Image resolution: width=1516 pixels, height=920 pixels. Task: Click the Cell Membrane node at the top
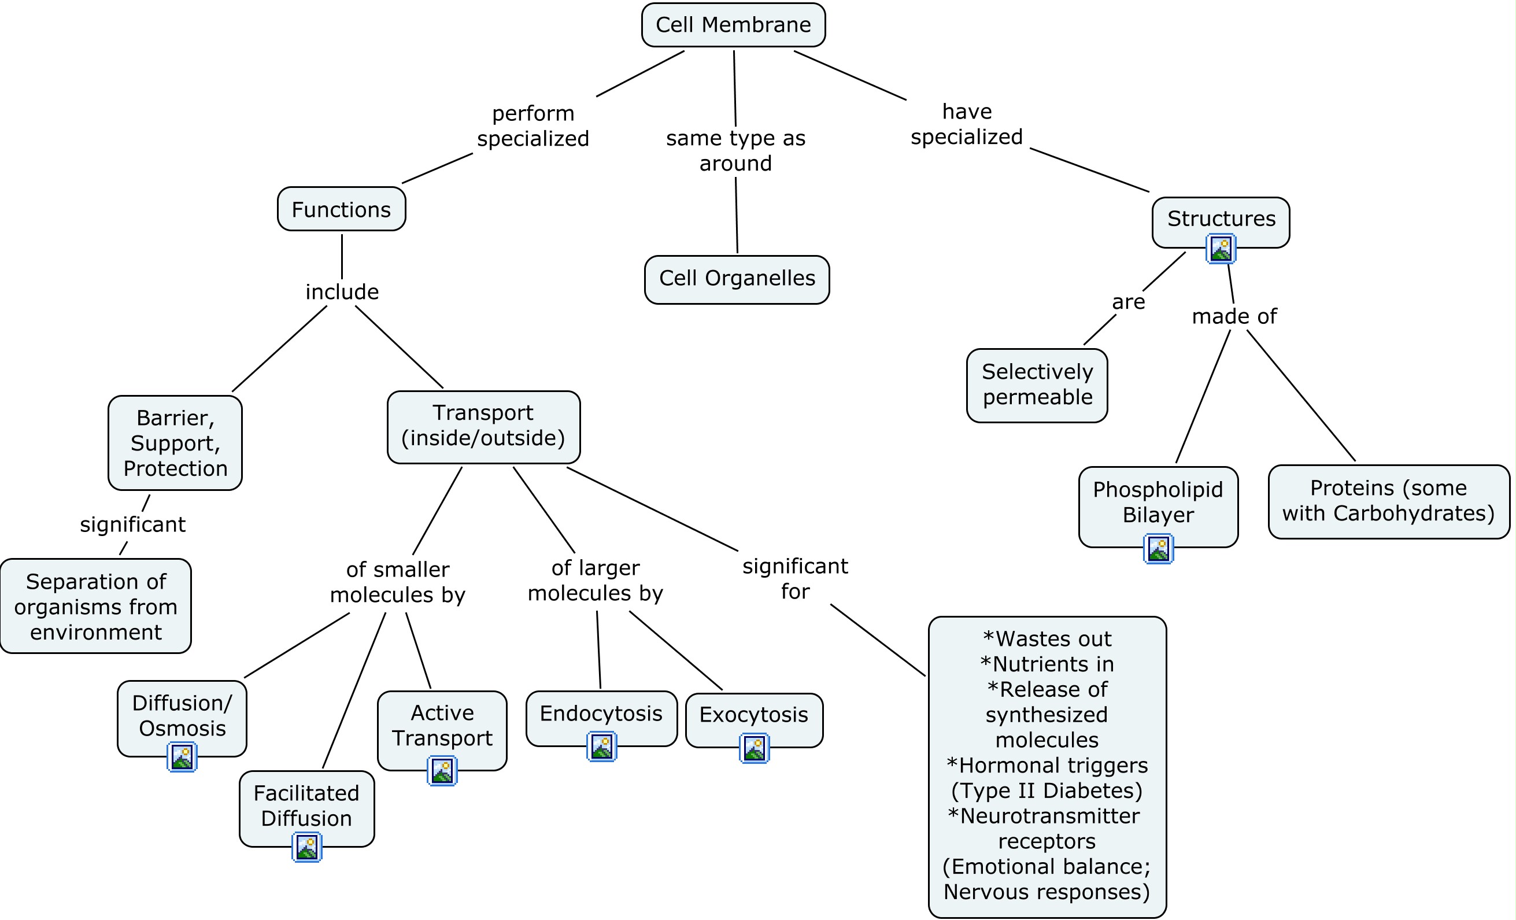coord(733,25)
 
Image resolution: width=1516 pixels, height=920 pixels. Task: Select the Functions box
coord(341,209)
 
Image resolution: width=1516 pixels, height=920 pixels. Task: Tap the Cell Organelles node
coord(737,279)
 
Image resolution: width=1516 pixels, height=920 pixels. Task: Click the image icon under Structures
coord(1221,249)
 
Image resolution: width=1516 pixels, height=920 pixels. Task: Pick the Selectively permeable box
coord(1037,385)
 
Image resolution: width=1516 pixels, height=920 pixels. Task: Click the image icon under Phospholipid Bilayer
coord(1158,548)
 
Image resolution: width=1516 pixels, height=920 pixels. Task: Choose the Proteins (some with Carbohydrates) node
coord(1388,501)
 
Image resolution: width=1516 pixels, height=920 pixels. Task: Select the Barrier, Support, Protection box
coord(175,442)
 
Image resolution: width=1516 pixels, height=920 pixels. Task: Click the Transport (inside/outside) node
coord(483,426)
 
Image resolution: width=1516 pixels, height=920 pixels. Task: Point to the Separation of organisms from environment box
coord(95,606)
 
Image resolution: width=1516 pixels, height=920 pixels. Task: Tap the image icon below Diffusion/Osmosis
coord(182,756)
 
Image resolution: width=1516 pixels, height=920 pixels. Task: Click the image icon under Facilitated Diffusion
coord(306,847)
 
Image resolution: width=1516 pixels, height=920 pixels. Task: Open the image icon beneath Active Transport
coord(442,770)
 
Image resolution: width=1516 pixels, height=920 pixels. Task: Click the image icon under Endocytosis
coord(601,747)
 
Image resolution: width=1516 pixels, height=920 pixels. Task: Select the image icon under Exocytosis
coord(754,748)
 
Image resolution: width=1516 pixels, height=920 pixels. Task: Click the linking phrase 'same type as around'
coord(735,151)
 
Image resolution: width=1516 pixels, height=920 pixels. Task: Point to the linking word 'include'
coord(342,291)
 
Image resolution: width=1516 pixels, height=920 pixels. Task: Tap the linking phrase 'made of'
coord(1234,316)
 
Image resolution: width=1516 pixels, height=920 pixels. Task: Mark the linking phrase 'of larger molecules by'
coord(595,581)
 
